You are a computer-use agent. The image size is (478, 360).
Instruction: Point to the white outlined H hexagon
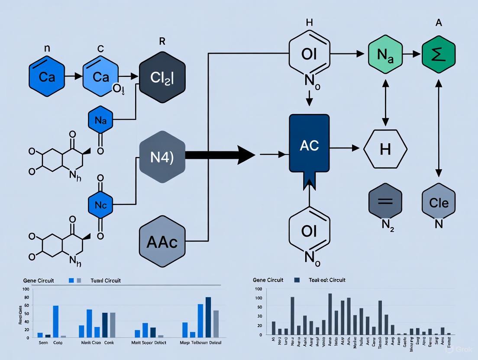pyautogui.click(x=385, y=149)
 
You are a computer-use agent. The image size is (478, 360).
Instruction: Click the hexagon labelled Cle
pyautogui.click(x=439, y=202)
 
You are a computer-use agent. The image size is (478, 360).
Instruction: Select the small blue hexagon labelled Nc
pyautogui.click(x=100, y=205)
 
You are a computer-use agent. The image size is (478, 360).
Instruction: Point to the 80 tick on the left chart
pyautogui.click(x=26, y=297)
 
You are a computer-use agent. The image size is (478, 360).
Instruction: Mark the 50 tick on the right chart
pyautogui.click(x=259, y=307)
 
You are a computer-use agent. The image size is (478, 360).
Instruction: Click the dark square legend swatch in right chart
pyautogui.click(x=297, y=280)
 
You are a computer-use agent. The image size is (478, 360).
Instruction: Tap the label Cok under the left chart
pyautogui.click(x=58, y=342)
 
